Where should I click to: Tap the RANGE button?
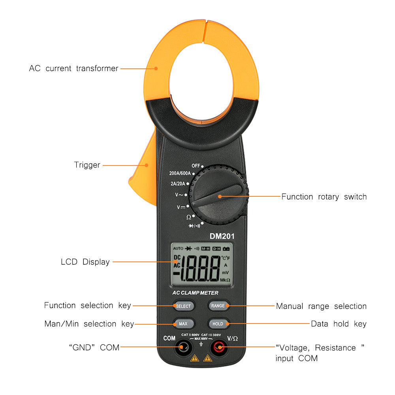(x=218, y=305)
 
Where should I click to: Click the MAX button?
(x=183, y=324)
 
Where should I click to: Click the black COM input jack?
(x=182, y=348)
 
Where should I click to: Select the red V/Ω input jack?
(x=218, y=348)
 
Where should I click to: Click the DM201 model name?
(x=222, y=236)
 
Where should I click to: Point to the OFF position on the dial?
(x=196, y=166)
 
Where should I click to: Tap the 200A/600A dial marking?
(x=180, y=173)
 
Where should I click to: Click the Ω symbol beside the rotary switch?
(x=189, y=217)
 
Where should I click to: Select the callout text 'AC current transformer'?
(x=73, y=68)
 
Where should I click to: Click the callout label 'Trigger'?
(x=87, y=165)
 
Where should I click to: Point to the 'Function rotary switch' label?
(x=324, y=197)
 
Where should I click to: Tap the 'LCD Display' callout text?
(x=85, y=261)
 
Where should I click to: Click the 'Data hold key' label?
(x=339, y=324)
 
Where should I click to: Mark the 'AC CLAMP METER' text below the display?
(x=195, y=293)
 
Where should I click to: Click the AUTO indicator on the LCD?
(x=178, y=248)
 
